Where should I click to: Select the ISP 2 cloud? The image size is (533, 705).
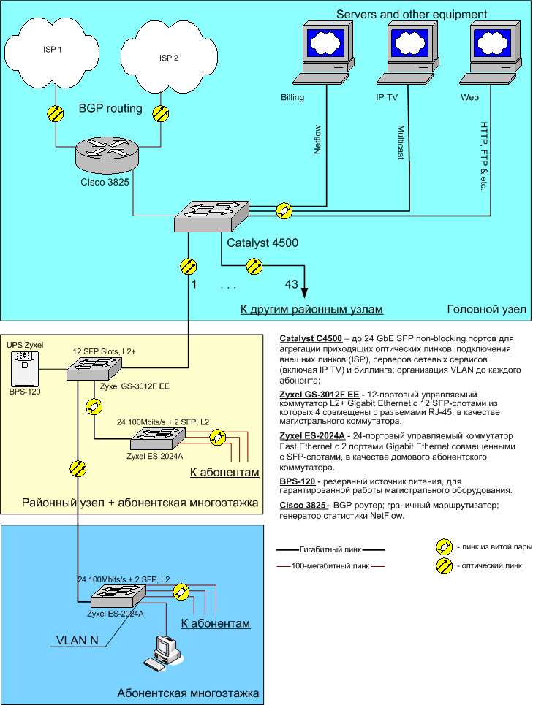[169, 57]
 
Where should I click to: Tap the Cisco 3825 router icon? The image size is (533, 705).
[106, 155]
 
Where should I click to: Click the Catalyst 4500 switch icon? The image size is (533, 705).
[212, 215]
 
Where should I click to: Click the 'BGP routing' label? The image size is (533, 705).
[110, 109]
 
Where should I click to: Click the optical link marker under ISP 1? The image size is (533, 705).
[55, 113]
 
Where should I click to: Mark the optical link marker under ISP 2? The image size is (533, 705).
[160, 113]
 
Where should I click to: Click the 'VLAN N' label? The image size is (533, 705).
[78, 641]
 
